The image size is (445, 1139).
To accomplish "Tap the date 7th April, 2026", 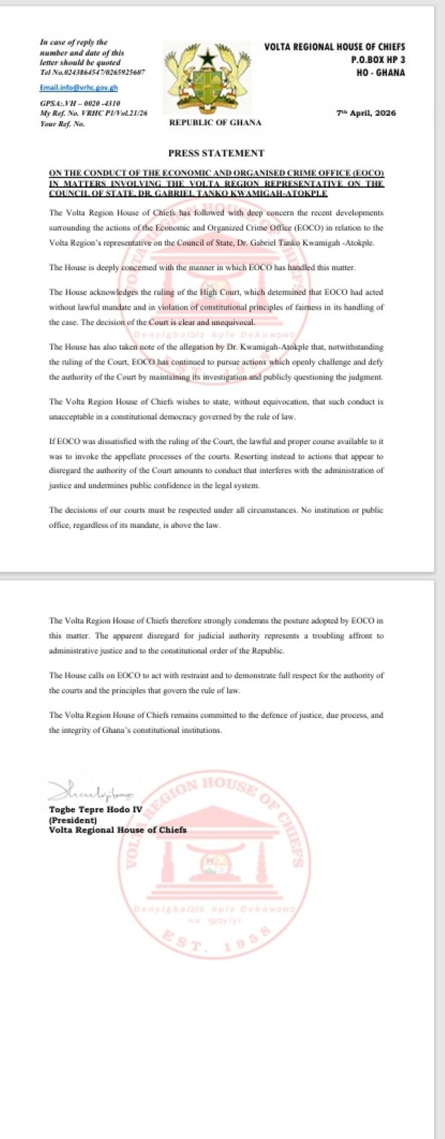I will [x=366, y=113].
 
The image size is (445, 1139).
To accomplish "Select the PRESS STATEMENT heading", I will [x=216, y=153].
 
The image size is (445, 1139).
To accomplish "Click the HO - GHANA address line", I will [x=381, y=72].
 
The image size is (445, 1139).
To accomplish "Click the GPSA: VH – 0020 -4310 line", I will [x=80, y=103].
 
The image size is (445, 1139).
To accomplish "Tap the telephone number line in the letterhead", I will [x=92, y=71].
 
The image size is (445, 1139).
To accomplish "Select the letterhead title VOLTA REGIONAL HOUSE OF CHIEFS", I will [x=334, y=47].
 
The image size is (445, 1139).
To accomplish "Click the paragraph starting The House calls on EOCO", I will [x=216, y=682].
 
